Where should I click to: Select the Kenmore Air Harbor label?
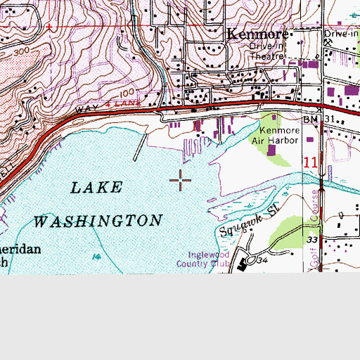click(x=279, y=135)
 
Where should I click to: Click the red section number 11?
click(x=311, y=162)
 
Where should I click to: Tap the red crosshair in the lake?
click(x=181, y=181)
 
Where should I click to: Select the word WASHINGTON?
click(x=98, y=221)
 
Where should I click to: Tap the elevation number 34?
click(x=263, y=261)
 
